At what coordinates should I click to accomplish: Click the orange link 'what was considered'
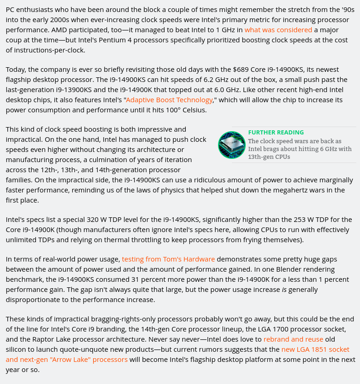pyautogui.click(x=278, y=30)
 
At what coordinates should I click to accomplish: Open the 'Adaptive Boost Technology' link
pyautogui.click(x=169, y=100)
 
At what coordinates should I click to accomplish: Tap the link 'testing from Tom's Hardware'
pyautogui.click(x=168, y=259)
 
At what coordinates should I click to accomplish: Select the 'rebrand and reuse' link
pyautogui.click(x=293, y=339)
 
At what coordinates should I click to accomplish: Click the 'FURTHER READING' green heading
pyautogui.click(x=276, y=133)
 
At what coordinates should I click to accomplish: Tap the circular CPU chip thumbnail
pyautogui.click(x=231, y=145)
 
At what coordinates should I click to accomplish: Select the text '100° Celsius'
pyautogui.click(x=186, y=110)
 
